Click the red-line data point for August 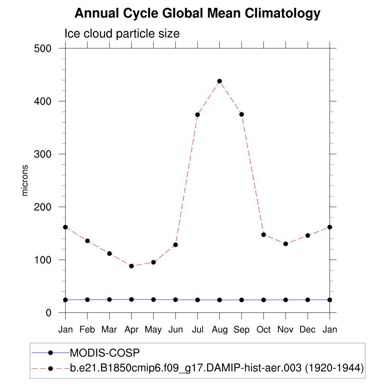219,81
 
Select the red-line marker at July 198,115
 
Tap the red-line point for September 242,114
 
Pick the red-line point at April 132,266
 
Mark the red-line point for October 263,234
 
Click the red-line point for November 286,244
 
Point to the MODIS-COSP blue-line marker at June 176,300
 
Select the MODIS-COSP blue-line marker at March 109,299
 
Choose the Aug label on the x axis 219,330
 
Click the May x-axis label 153,330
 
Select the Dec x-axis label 308,330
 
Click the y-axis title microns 25,180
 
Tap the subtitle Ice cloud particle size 122,34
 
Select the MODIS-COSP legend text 105,353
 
